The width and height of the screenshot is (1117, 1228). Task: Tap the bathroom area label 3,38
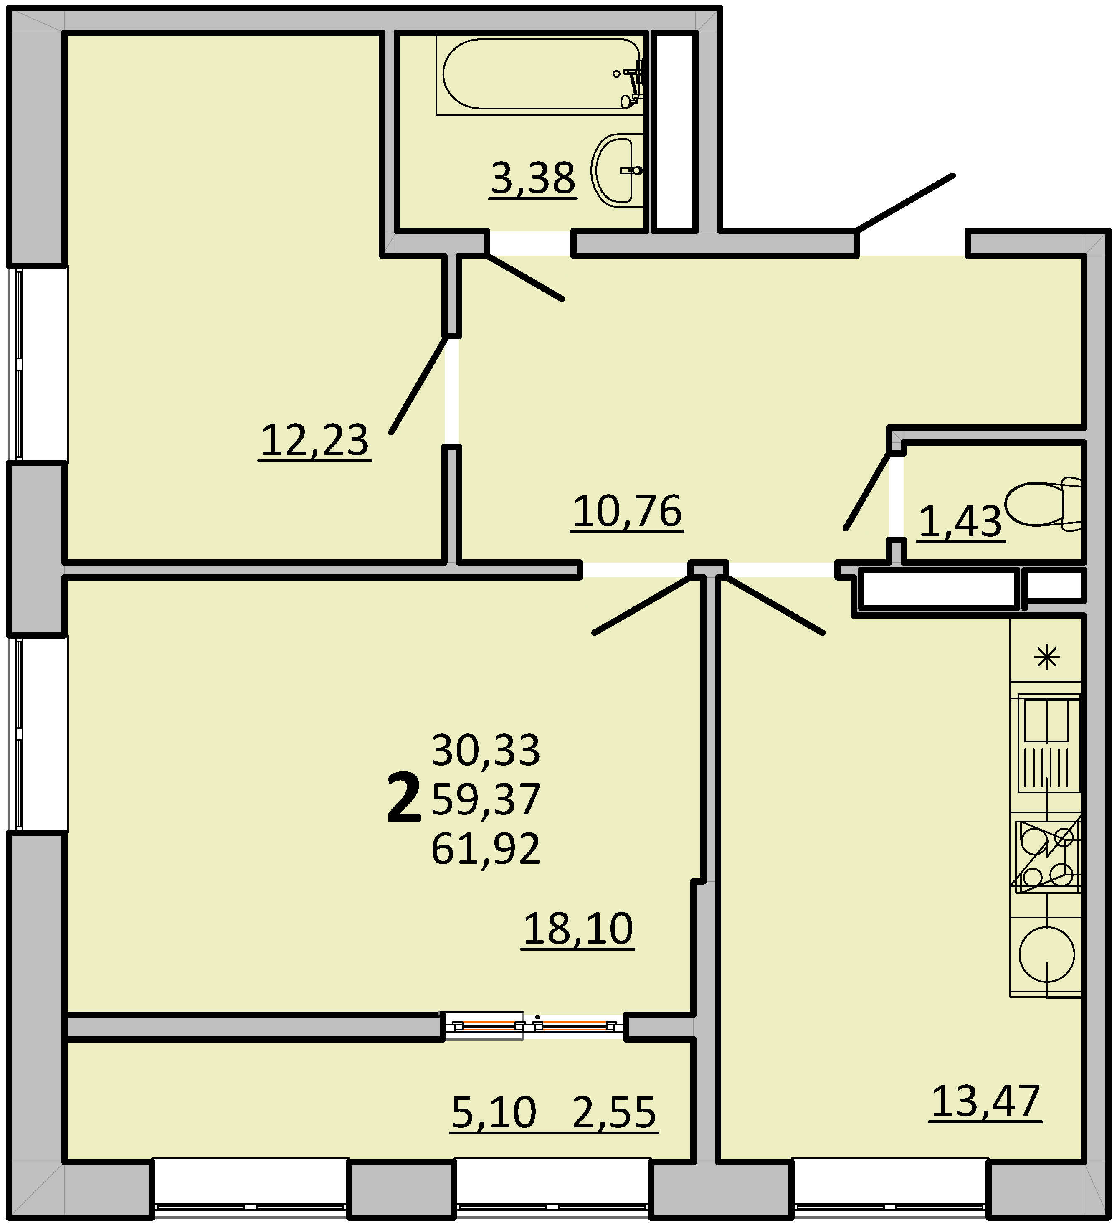click(x=533, y=178)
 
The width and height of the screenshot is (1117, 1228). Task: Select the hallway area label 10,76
click(x=627, y=511)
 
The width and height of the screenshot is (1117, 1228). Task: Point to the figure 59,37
click(x=485, y=799)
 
